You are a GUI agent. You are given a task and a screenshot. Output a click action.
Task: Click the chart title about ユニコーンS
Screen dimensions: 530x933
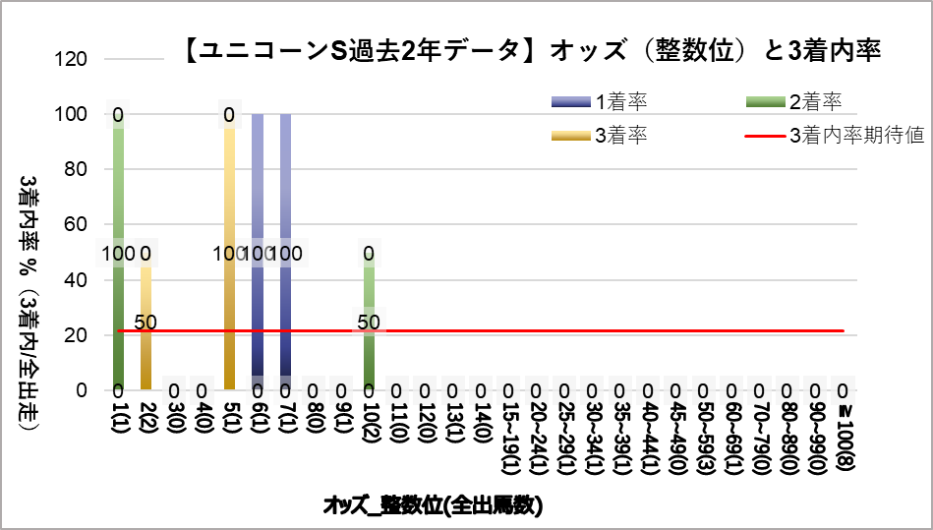(531, 50)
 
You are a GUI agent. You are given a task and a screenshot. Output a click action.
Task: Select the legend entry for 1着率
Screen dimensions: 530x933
(600, 101)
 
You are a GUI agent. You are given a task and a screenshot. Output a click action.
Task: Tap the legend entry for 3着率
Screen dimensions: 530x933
(600, 136)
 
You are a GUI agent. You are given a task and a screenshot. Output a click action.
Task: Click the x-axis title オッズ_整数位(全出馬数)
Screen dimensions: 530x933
(434, 506)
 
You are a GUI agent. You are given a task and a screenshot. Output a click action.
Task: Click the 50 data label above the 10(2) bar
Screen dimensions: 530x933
(369, 322)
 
